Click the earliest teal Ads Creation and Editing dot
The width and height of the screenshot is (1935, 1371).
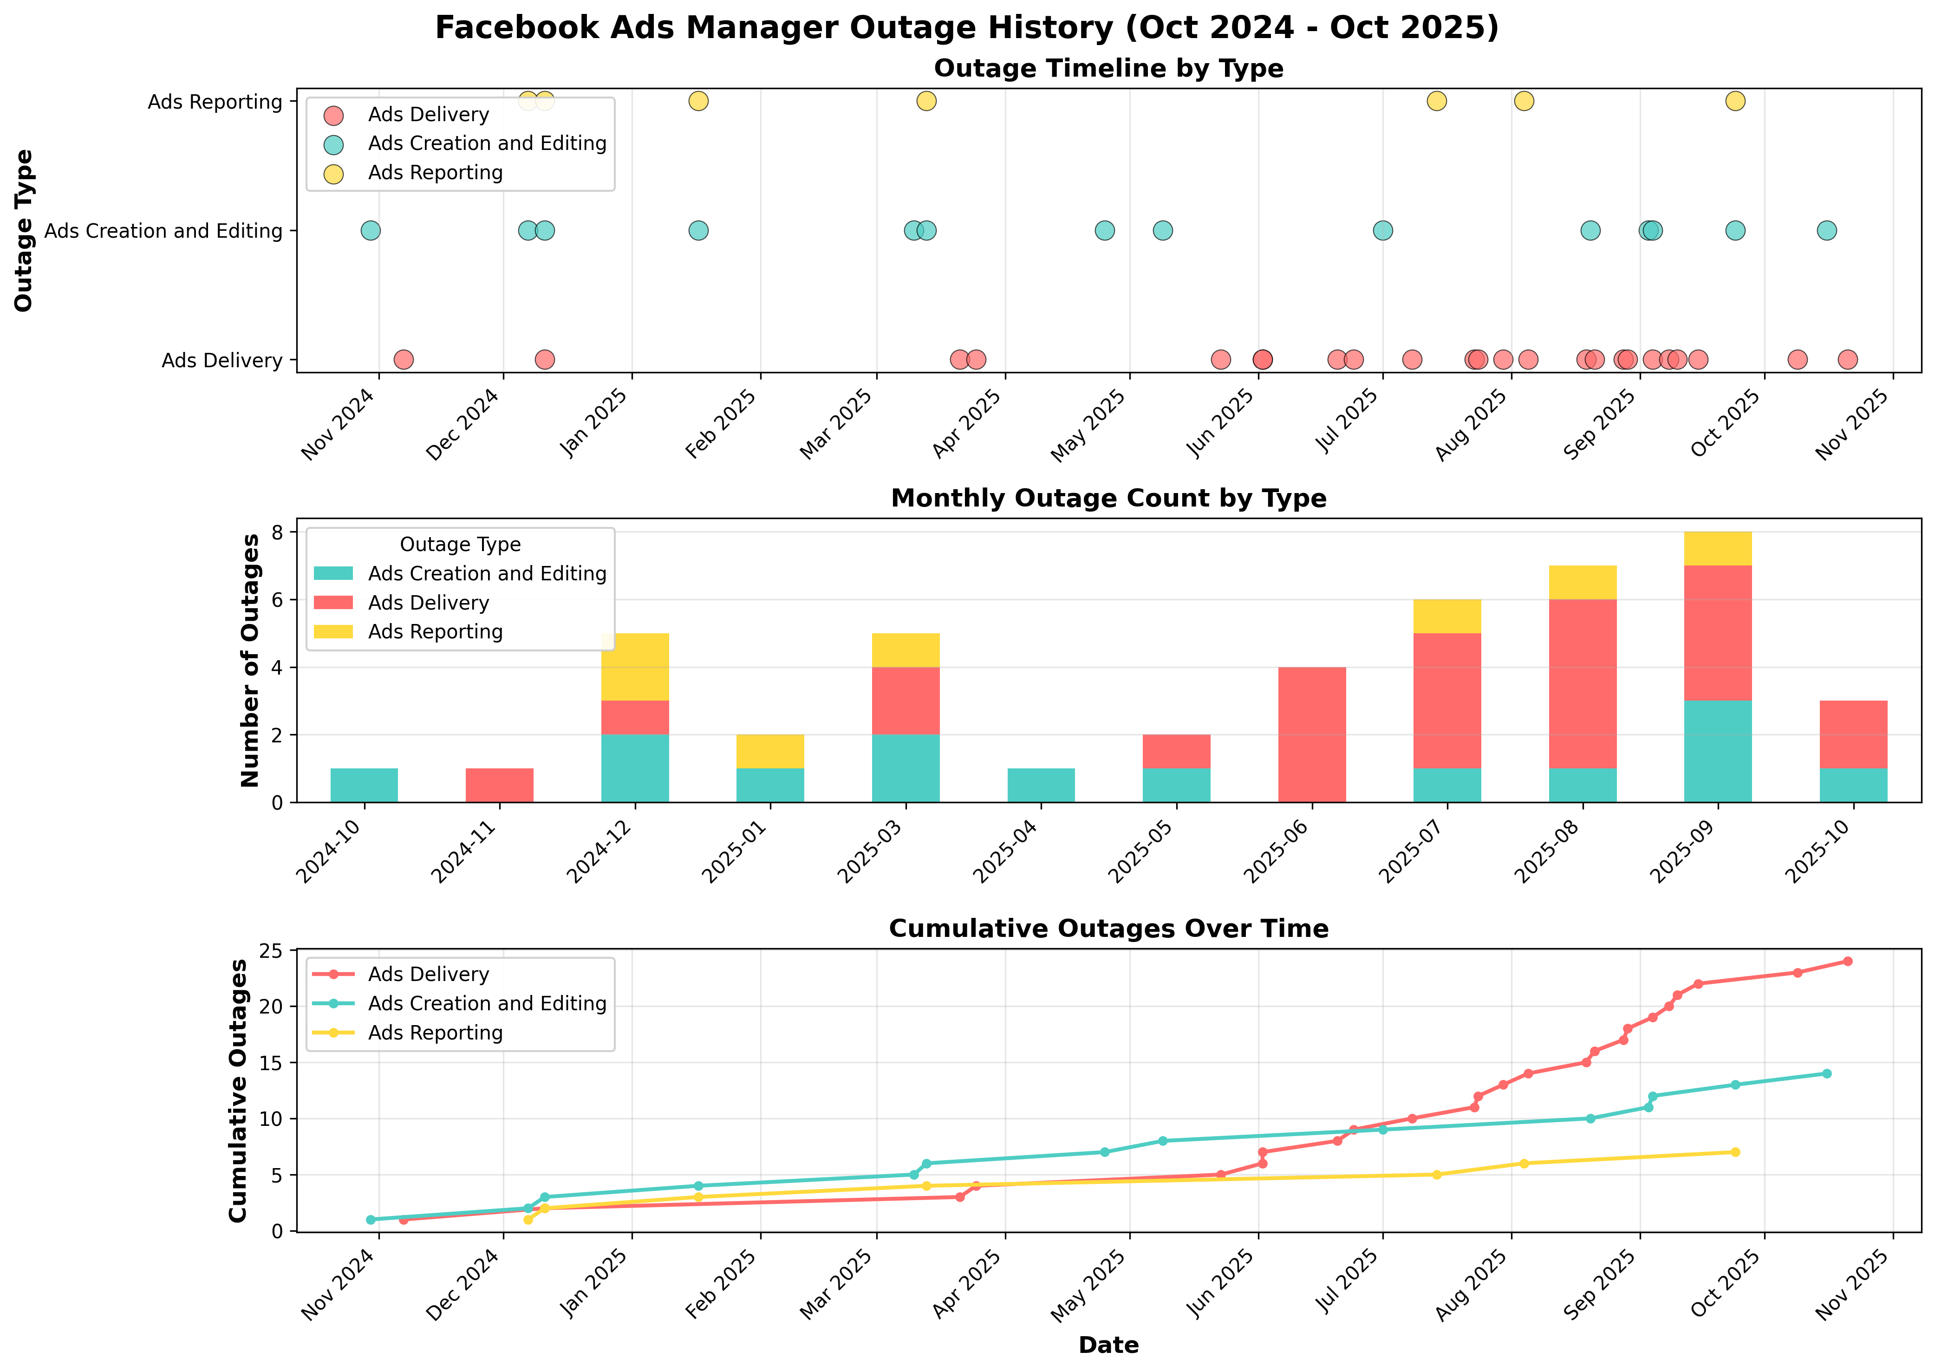371,230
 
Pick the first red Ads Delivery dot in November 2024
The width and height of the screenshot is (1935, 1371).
404,360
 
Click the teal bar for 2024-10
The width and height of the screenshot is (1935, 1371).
364,785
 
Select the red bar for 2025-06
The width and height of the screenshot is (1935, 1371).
1312,734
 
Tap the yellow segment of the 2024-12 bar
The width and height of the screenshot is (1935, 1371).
635,667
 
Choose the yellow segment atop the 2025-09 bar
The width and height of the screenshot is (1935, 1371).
1718,549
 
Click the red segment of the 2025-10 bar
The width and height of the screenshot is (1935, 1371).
1853,734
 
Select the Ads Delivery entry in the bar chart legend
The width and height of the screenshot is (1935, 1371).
428,603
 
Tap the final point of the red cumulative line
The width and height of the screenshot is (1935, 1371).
1847,962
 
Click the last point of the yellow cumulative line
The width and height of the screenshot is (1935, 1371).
1735,1152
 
